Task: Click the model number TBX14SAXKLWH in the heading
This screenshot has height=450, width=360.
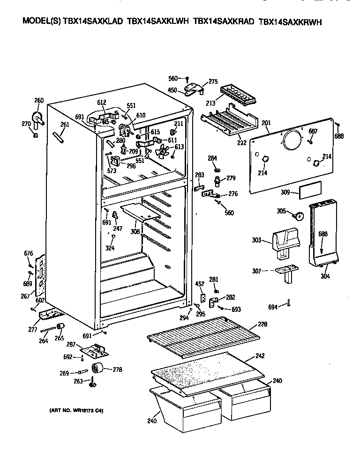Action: point(157,22)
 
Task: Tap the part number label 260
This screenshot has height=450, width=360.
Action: point(39,100)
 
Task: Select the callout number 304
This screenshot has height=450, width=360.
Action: point(325,276)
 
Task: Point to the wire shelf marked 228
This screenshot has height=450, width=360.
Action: point(202,336)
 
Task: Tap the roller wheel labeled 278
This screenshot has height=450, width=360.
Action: point(98,369)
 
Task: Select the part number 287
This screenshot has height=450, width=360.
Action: point(71,344)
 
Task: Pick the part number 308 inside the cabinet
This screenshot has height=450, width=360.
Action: point(135,231)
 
